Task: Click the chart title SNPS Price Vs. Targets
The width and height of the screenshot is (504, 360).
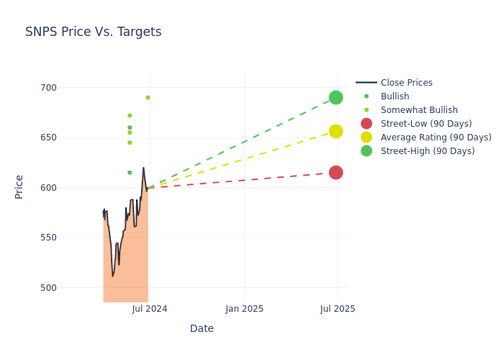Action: [x=94, y=32]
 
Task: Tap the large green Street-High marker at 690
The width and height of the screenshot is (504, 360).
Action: [x=336, y=97]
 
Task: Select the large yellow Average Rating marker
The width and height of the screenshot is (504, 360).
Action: [x=336, y=131]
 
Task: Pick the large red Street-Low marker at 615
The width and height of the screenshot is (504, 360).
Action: [x=336, y=172]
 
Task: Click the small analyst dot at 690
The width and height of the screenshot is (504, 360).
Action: [x=148, y=97]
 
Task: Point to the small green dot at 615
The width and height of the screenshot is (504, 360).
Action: [x=130, y=172]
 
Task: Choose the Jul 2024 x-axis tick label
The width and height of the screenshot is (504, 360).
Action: [x=150, y=309]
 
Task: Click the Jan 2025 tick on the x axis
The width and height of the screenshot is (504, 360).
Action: [x=244, y=309]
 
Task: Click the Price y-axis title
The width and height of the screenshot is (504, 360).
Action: [x=19, y=186]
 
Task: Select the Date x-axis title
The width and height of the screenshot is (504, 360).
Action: [x=202, y=328]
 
